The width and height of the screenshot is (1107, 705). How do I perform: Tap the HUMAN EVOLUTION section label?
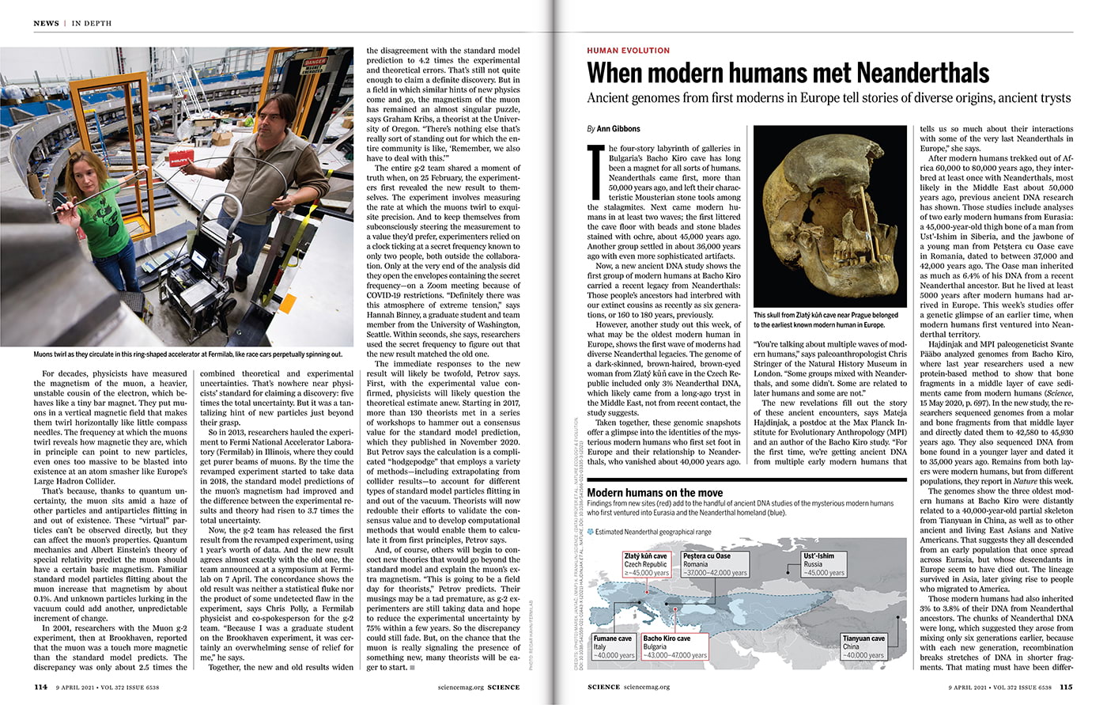coord(628,51)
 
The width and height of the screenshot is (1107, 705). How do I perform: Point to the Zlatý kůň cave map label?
coord(646,564)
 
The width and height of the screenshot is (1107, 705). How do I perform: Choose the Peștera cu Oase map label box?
coord(715,564)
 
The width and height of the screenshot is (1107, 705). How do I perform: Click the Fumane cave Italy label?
coord(614,646)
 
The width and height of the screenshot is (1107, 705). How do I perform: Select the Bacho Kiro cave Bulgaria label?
coord(674,646)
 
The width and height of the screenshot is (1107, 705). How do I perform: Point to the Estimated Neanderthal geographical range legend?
coord(652,533)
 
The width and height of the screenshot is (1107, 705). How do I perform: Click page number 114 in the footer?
coord(40,687)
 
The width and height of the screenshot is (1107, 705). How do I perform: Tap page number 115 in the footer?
coord(1066,687)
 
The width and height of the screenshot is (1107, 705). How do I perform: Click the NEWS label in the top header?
coord(46,24)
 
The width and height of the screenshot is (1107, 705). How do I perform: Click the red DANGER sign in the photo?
coord(315,66)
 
